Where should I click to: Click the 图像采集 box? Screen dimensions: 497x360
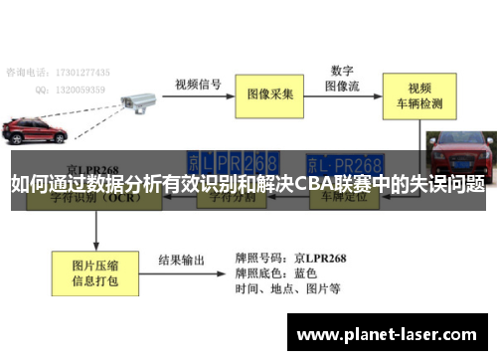tap(271, 93)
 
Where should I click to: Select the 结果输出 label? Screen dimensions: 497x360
tap(183, 261)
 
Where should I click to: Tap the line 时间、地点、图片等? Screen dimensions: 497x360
tap(288, 289)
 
